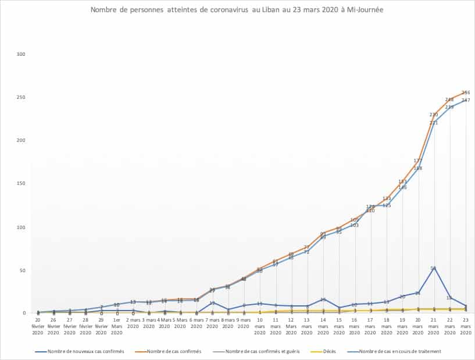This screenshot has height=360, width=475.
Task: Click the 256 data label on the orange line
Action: click(x=466, y=92)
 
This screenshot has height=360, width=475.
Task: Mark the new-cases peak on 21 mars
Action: click(x=434, y=268)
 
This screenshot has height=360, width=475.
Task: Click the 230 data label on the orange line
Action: click(x=434, y=115)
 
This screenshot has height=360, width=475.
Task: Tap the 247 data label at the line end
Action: click(x=466, y=101)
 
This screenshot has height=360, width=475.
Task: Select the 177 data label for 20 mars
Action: click(x=418, y=161)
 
